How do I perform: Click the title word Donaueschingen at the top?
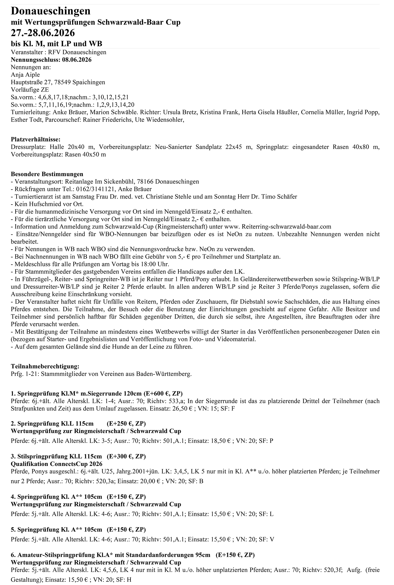(51, 11)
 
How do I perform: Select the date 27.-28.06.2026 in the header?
(43, 33)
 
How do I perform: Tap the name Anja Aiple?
(25, 74)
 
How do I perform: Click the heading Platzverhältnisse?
(35, 139)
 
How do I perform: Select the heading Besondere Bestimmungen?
(47, 174)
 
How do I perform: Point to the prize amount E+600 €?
(157, 393)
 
